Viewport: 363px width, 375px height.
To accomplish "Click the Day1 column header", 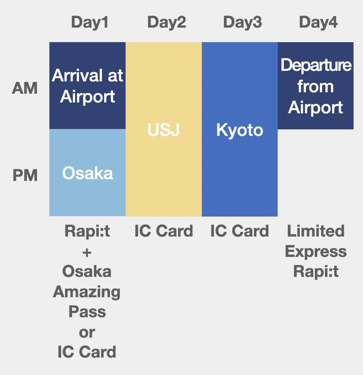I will click(x=90, y=23).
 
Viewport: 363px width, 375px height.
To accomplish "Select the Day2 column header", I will click(x=166, y=23).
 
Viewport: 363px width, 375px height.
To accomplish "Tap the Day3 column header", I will click(x=242, y=23).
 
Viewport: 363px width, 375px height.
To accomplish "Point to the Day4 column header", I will click(x=318, y=23).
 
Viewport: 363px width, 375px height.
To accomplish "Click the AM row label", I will click(x=25, y=88).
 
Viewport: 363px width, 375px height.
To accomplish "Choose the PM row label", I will click(x=25, y=176).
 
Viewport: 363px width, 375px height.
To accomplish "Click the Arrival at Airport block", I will click(x=87, y=86).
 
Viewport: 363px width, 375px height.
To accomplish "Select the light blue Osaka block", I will click(x=87, y=173).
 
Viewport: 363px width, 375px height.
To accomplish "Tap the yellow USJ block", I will click(x=164, y=130).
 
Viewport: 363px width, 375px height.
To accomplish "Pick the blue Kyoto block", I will click(x=240, y=130).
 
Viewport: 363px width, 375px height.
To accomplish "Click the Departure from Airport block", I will click(x=315, y=86).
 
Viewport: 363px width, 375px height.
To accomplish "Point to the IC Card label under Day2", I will click(x=164, y=231).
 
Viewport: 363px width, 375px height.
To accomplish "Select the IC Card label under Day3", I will click(x=240, y=231).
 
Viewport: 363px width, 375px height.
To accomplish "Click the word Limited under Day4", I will click(x=315, y=231).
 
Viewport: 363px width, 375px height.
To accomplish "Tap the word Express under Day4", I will click(x=315, y=251).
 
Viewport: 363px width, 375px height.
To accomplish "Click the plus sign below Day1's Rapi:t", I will click(x=87, y=252).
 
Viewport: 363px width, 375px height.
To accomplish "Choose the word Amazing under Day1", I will click(x=87, y=292).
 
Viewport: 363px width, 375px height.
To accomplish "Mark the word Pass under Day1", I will click(x=87, y=312).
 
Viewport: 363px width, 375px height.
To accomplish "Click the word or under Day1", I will click(x=87, y=332).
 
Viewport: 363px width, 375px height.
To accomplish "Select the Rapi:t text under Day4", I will click(x=315, y=271).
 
